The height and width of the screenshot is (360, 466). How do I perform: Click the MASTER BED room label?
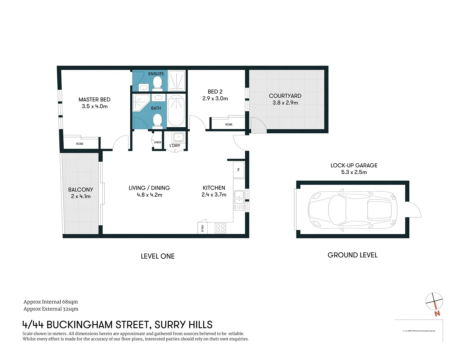coord(94,99)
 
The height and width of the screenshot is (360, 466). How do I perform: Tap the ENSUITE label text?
coord(156,74)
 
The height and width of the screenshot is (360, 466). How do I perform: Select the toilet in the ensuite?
coord(157,82)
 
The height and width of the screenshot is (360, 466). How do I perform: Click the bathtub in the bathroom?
coord(176,110)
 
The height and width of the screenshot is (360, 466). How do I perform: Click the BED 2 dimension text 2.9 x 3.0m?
coord(215,99)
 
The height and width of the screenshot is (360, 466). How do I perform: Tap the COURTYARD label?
coord(285,96)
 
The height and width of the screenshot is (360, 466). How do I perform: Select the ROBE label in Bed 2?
coord(229,124)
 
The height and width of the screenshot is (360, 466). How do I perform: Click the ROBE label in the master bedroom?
coord(80,144)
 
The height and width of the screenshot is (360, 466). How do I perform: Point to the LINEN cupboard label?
coord(157,142)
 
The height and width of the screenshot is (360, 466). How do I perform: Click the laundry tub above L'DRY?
coord(178,137)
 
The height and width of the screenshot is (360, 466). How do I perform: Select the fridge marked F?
coord(239,170)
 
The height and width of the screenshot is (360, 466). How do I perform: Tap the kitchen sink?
coord(239,197)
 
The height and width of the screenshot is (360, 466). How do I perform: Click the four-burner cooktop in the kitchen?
coord(220,228)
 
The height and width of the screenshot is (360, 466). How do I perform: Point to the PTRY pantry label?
coord(203,228)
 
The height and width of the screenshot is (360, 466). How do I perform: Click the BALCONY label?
coord(81,189)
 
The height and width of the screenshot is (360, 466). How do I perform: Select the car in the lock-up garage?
coord(353,210)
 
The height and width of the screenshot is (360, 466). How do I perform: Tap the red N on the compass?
coord(437,313)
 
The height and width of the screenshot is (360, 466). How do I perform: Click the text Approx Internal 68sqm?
coord(51,302)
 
